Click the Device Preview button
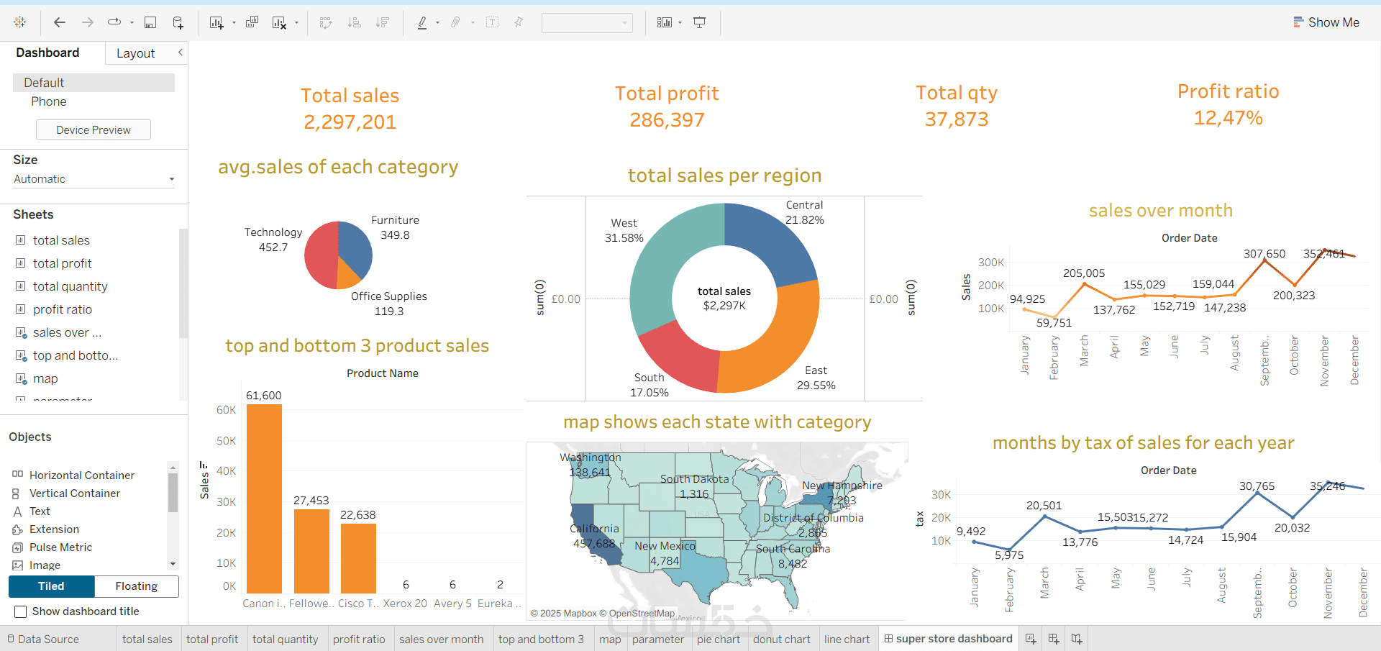[94, 130]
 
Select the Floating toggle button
[136, 586]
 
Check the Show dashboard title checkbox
[21, 611]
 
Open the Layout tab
[135, 53]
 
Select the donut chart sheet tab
[781, 639]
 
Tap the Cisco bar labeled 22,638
[358, 557]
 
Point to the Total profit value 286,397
[667, 120]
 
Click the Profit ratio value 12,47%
[1228, 118]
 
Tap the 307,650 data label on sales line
[1264, 254]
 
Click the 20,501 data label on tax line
[1044, 506]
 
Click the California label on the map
[594, 529]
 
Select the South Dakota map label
[694, 479]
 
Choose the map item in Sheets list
[45, 378]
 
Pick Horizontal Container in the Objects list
[81, 475]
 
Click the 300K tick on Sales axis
[990, 263]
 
